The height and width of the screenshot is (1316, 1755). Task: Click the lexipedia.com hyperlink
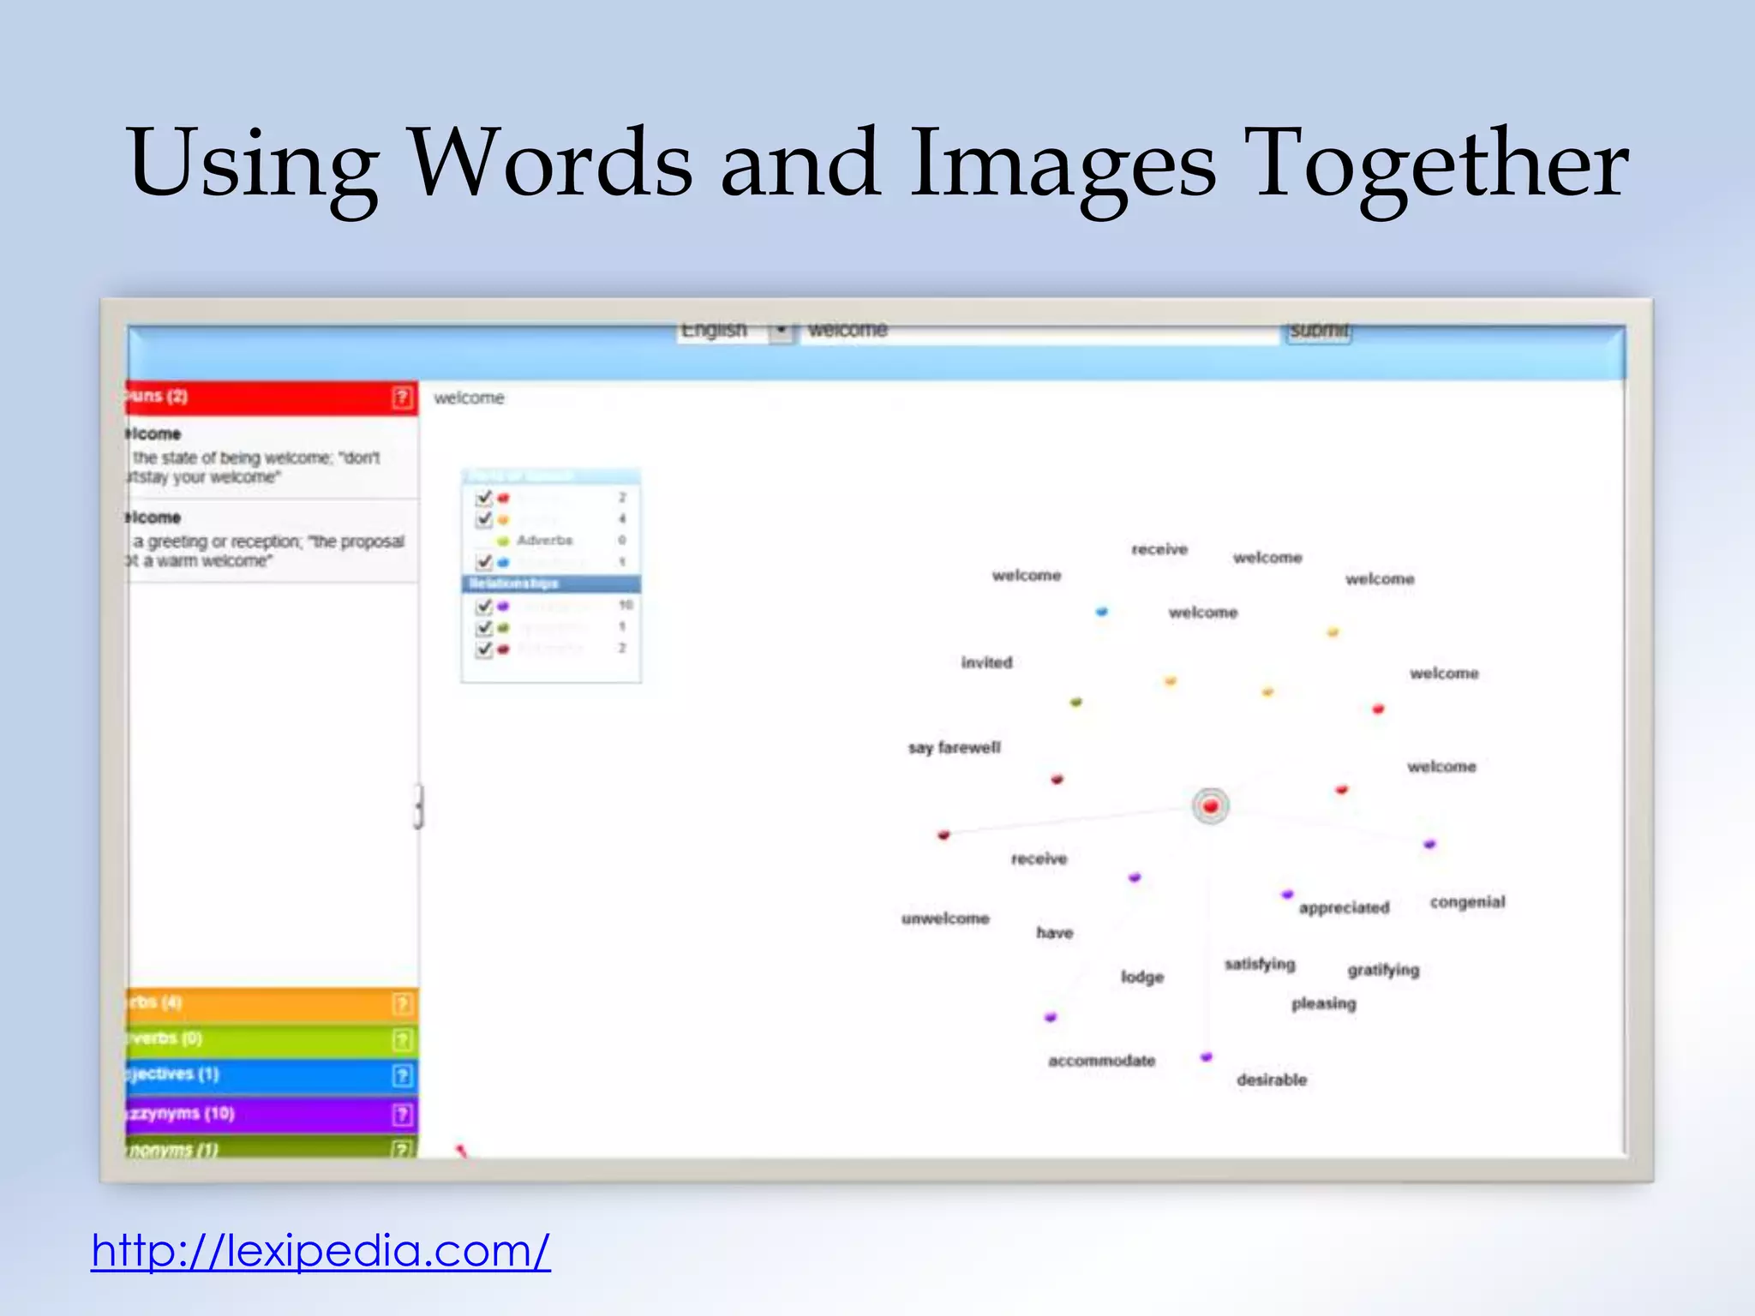tap(320, 1251)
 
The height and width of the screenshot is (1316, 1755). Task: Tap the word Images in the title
tap(1062, 163)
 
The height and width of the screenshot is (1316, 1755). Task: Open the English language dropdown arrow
tap(781, 330)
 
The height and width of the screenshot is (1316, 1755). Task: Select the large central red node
tap(1210, 806)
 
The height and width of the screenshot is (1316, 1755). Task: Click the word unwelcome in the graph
tap(945, 918)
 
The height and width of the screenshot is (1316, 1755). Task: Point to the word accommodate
tap(1102, 1061)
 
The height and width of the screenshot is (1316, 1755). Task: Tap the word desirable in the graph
tap(1272, 1080)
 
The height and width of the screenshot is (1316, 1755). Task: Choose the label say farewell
tap(955, 748)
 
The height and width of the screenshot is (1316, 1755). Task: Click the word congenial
tap(1467, 902)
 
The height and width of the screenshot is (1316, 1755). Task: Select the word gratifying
tap(1383, 970)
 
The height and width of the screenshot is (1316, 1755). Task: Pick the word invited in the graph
tap(986, 662)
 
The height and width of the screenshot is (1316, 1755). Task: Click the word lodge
tap(1142, 977)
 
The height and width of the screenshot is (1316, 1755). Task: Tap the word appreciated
tap(1344, 908)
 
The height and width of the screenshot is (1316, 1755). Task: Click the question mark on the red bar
tap(402, 398)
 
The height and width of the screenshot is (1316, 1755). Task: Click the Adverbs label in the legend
tap(544, 541)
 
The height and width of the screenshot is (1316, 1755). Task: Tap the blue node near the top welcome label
tap(1102, 612)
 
